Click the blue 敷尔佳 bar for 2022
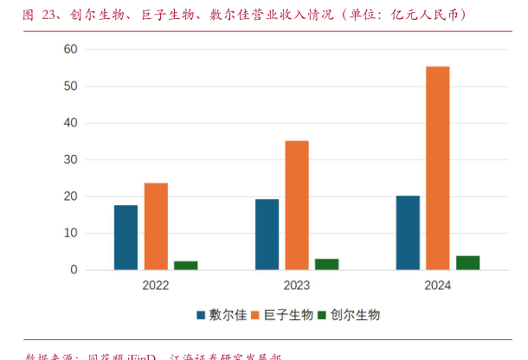tap(126, 237)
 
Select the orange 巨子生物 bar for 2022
tap(156, 226)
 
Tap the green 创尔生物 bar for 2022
tap(186, 265)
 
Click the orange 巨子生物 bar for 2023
tap(297, 205)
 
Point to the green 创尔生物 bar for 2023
tap(327, 264)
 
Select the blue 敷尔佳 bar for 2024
tap(408, 232)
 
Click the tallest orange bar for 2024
tap(438, 168)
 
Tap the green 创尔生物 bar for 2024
tap(468, 262)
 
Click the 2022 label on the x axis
tap(156, 285)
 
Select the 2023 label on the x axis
tap(297, 285)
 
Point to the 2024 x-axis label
tap(438, 285)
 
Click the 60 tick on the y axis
tap(71, 49)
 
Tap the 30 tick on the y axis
tap(71, 160)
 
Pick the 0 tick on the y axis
tap(74, 270)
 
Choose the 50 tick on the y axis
tap(71, 87)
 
